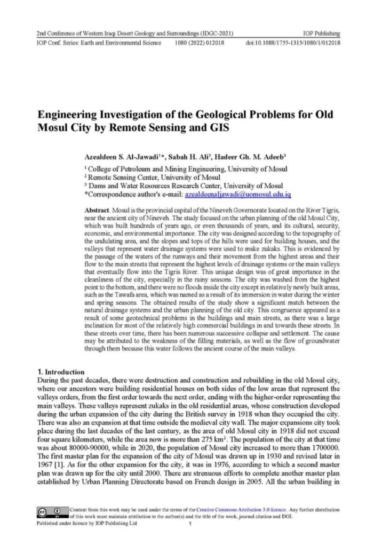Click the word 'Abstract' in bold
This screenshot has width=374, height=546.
pyautogui.click(x=99, y=205)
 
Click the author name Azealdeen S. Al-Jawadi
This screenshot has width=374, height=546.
pyautogui.click(x=128, y=158)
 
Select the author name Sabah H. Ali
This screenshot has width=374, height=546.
pyautogui.click(x=203, y=158)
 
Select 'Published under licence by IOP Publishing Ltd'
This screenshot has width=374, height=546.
pyautogui.click(x=86, y=524)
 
